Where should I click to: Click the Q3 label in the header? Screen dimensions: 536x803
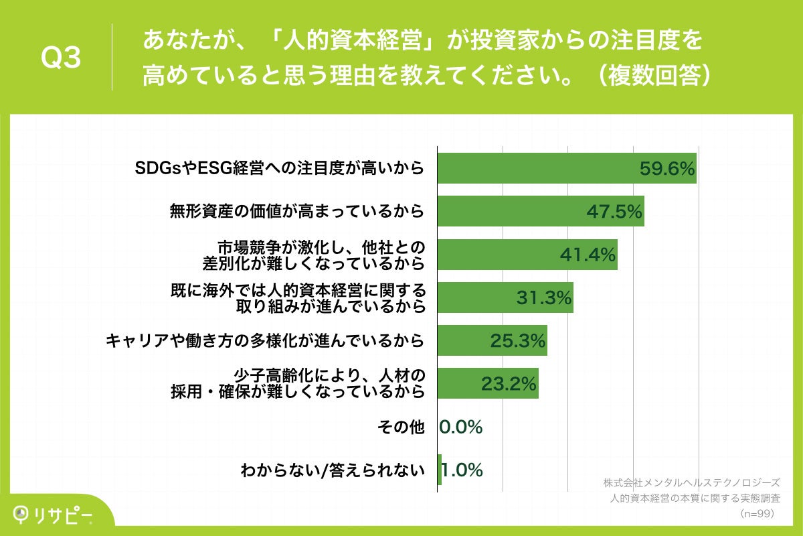click(61, 58)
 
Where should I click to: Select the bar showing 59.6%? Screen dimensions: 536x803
click(566, 168)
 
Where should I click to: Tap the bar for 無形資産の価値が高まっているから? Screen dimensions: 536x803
click(540, 211)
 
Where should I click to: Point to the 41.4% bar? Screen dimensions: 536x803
click(527, 255)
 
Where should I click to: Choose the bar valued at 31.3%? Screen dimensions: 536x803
click(505, 297)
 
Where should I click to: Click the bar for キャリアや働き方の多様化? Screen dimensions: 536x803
click(492, 341)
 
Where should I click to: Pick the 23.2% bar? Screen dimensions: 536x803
click(487, 384)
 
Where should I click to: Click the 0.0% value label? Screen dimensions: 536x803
click(461, 427)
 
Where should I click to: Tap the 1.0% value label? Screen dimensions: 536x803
click(462, 470)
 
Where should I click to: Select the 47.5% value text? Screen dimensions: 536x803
click(614, 212)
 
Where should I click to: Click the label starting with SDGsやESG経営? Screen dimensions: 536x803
click(280, 168)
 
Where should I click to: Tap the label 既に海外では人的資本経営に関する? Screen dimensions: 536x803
click(298, 297)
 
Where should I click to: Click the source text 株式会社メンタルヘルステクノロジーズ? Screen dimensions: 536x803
click(691, 482)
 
